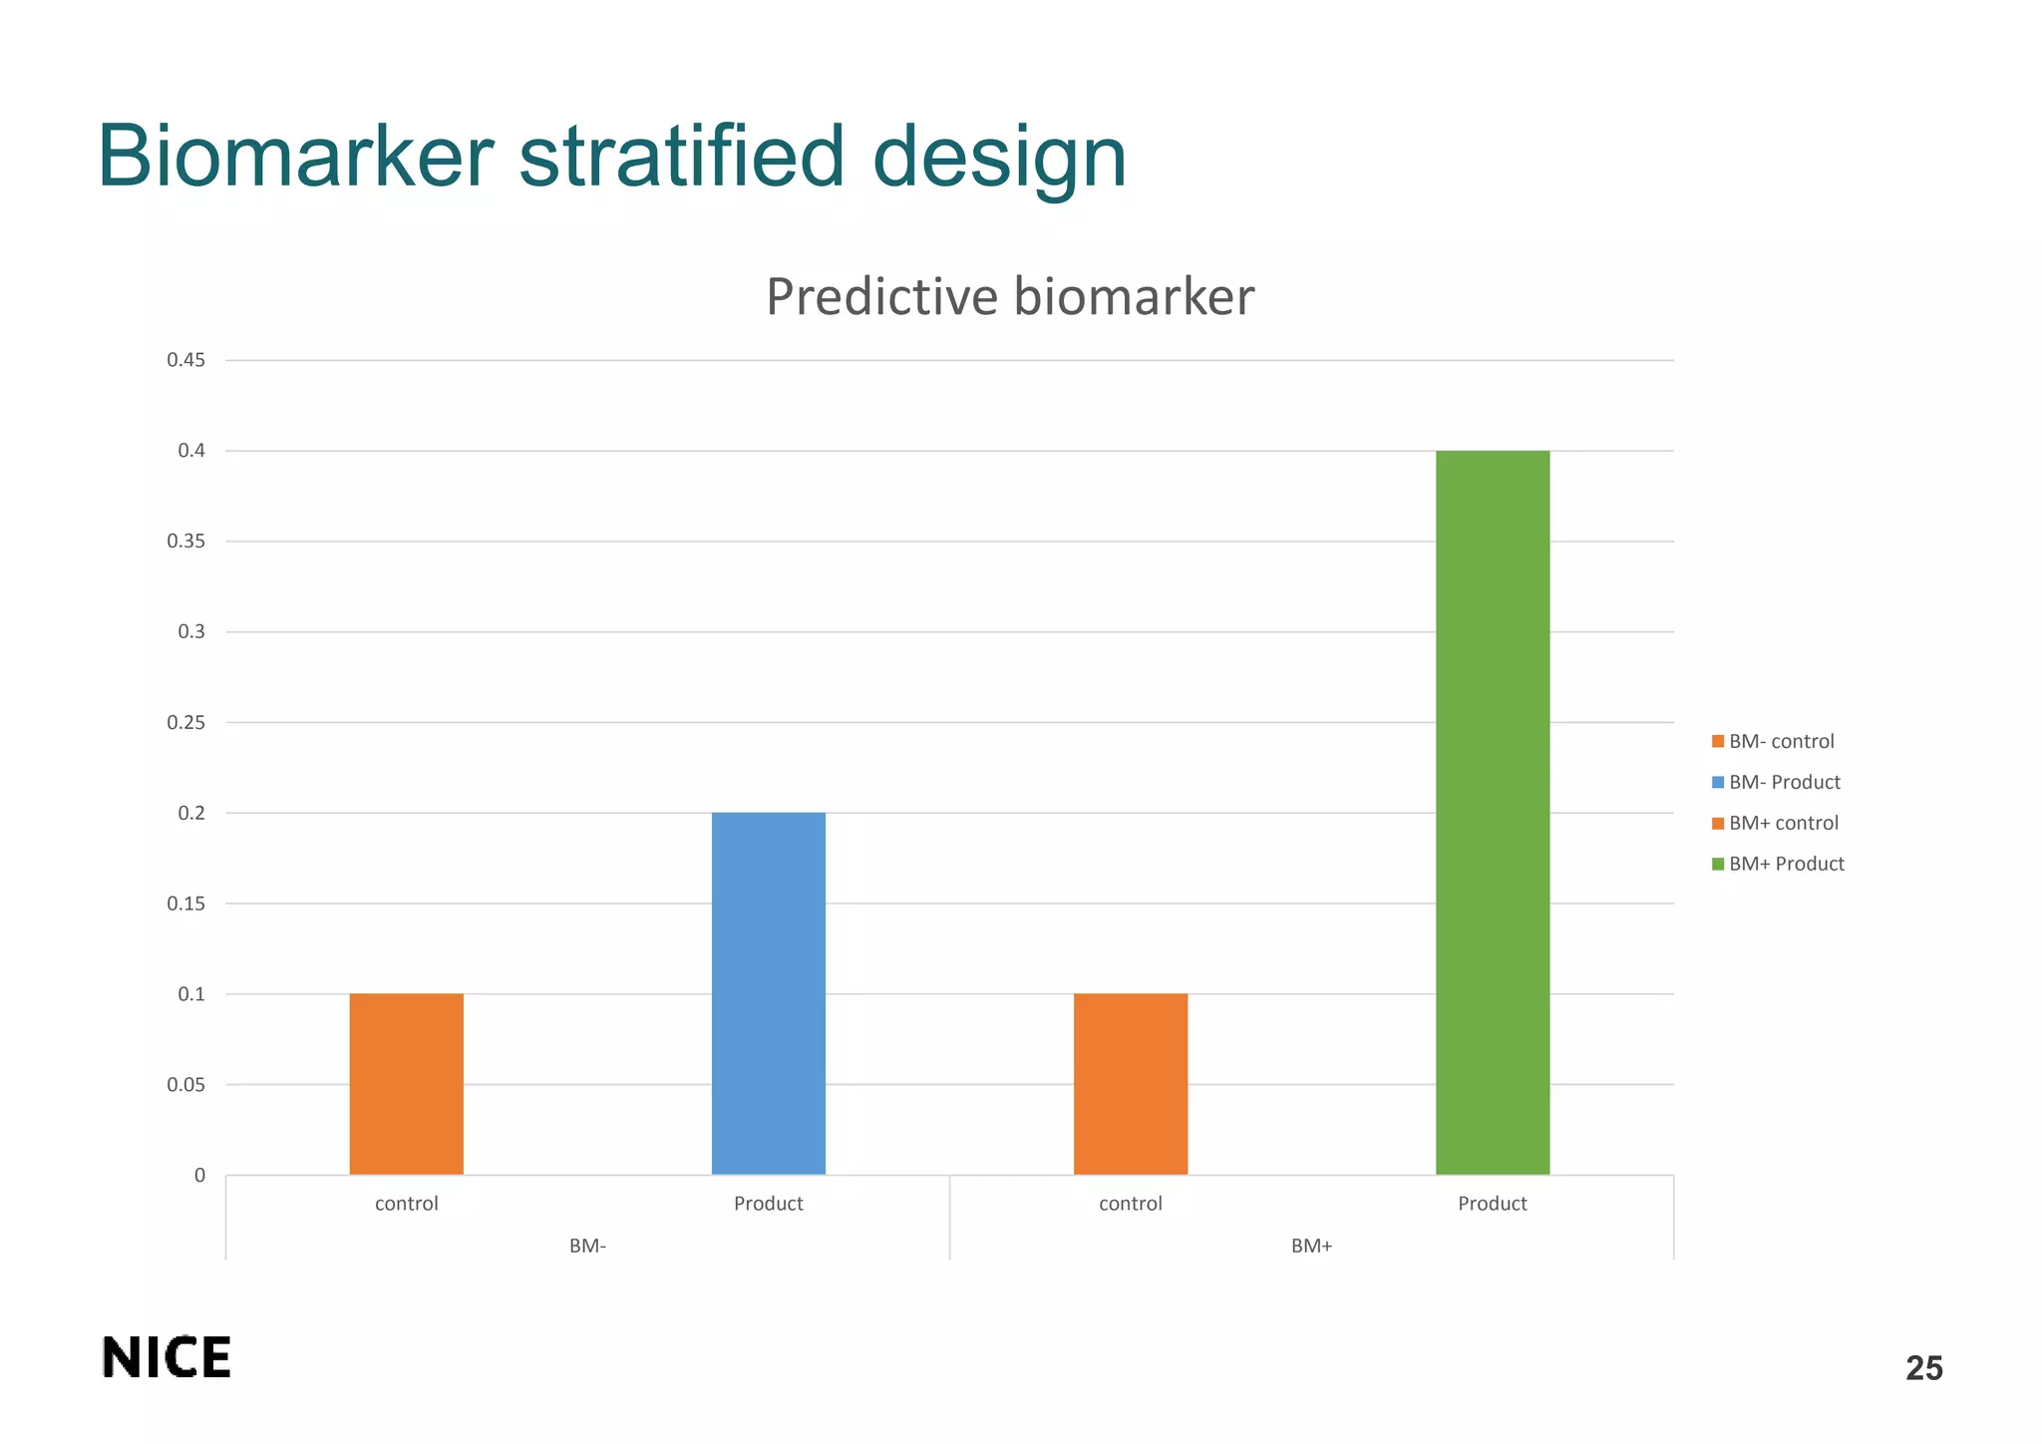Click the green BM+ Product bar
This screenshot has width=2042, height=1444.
[x=1492, y=812]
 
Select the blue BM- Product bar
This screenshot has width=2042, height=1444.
[x=768, y=993]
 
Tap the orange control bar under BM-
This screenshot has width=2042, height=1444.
[x=406, y=1084]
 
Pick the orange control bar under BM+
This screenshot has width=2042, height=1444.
[x=1130, y=1084]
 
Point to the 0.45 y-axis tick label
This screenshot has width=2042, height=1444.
[x=185, y=360]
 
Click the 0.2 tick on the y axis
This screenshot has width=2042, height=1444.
[x=191, y=813]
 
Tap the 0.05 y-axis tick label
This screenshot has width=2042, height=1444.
[x=185, y=1084]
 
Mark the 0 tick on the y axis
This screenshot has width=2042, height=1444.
[x=199, y=1175]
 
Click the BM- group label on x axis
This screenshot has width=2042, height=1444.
[x=587, y=1246]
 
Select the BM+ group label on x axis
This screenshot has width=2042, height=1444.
[x=1311, y=1246]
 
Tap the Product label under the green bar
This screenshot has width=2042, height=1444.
[x=1492, y=1204]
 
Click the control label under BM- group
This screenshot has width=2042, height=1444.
[x=406, y=1204]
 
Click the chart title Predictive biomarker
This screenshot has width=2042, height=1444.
[x=1009, y=297]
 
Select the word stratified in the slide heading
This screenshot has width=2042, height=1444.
[x=682, y=157]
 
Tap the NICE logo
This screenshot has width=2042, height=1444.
[x=167, y=1357]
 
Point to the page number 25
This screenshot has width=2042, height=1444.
[x=1923, y=1368]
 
